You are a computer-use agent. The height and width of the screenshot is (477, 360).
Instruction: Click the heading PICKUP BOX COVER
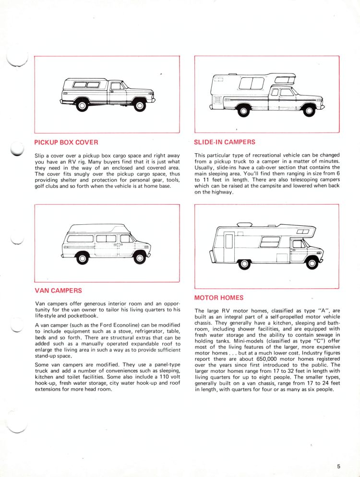66,142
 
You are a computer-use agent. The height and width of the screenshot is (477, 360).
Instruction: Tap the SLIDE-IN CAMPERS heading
225,142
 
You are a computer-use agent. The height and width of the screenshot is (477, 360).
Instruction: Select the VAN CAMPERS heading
59,291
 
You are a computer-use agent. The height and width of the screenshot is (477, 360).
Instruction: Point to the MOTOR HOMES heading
219,298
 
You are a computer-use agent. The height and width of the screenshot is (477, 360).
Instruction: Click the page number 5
339,466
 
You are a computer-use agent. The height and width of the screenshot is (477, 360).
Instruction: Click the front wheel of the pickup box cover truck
140,106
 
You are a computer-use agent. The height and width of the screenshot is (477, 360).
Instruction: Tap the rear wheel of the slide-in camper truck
243,111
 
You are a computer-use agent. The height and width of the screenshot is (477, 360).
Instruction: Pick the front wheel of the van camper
140,258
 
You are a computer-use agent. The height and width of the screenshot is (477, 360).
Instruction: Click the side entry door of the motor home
229,247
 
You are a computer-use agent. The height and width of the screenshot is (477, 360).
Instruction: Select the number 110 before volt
165,377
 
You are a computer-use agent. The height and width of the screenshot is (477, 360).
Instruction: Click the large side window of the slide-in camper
252,83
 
